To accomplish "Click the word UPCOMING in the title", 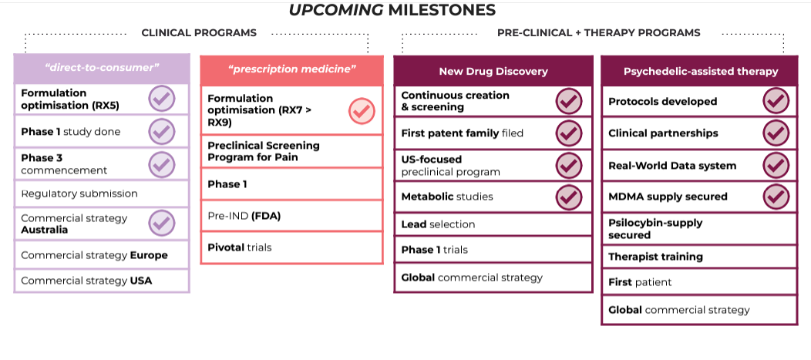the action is click(335, 10).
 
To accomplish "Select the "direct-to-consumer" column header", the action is click(102, 68).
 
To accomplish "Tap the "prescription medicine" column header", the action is click(291, 69).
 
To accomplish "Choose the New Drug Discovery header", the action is click(493, 72).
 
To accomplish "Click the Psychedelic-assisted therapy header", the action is click(700, 72).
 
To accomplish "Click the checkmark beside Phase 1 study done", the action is click(162, 131).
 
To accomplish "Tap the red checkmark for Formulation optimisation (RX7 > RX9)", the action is click(362, 111).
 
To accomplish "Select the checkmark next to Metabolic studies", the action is click(569, 197).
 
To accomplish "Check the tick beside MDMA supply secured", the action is click(776, 197).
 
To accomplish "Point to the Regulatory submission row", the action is click(102, 194).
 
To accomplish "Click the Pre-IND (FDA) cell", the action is click(291, 216).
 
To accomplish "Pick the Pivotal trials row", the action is click(291, 247).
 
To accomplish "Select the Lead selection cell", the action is click(493, 224).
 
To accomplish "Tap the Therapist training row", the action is click(699, 257).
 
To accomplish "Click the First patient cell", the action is click(699, 282).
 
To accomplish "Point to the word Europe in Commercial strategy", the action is click(149, 255).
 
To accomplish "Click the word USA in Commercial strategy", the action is click(141, 281).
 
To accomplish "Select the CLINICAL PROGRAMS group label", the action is click(199, 32).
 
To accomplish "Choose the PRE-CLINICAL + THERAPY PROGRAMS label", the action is click(599, 32).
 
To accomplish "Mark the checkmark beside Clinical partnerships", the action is click(776, 133).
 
